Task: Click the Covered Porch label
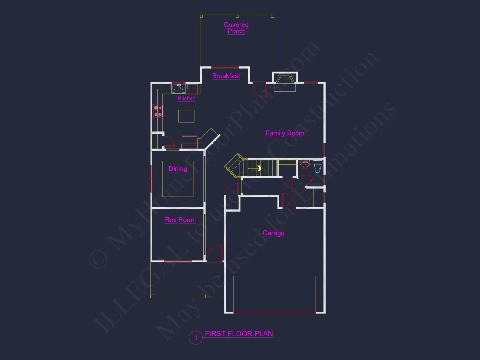pos(236,28)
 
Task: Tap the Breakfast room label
pos(226,76)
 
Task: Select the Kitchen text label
pos(186,99)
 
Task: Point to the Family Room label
pos(285,133)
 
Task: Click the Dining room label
pos(178,168)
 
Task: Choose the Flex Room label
pos(180,220)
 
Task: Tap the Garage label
pos(273,233)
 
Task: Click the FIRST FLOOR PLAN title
pos(239,334)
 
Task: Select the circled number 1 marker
pos(196,338)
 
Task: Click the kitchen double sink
pos(178,89)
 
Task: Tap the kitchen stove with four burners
pos(158,111)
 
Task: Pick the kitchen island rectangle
pos(186,116)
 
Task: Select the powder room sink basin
pos(305,165)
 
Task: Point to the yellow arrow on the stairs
pos(259,168)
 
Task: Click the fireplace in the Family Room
pos(285,82)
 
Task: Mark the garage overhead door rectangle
pos(274,294)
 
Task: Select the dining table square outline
pos(178,179)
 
